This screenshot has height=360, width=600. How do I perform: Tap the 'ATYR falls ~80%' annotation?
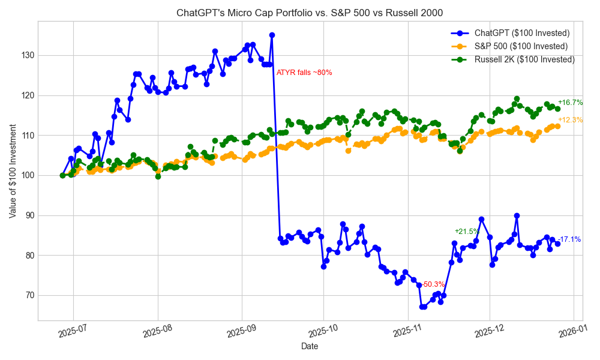[304, 73]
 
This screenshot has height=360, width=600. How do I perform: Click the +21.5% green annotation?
[466, 232]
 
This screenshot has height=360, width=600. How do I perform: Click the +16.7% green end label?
[570, 103]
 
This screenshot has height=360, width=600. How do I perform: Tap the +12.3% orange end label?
[570, 120]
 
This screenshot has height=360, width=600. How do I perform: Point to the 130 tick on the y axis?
[28, 55]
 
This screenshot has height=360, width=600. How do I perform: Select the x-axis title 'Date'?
[310, 346]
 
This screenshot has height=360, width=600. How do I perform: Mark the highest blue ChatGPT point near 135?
[272, 35]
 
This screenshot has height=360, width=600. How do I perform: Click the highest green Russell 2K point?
[517, 99]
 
